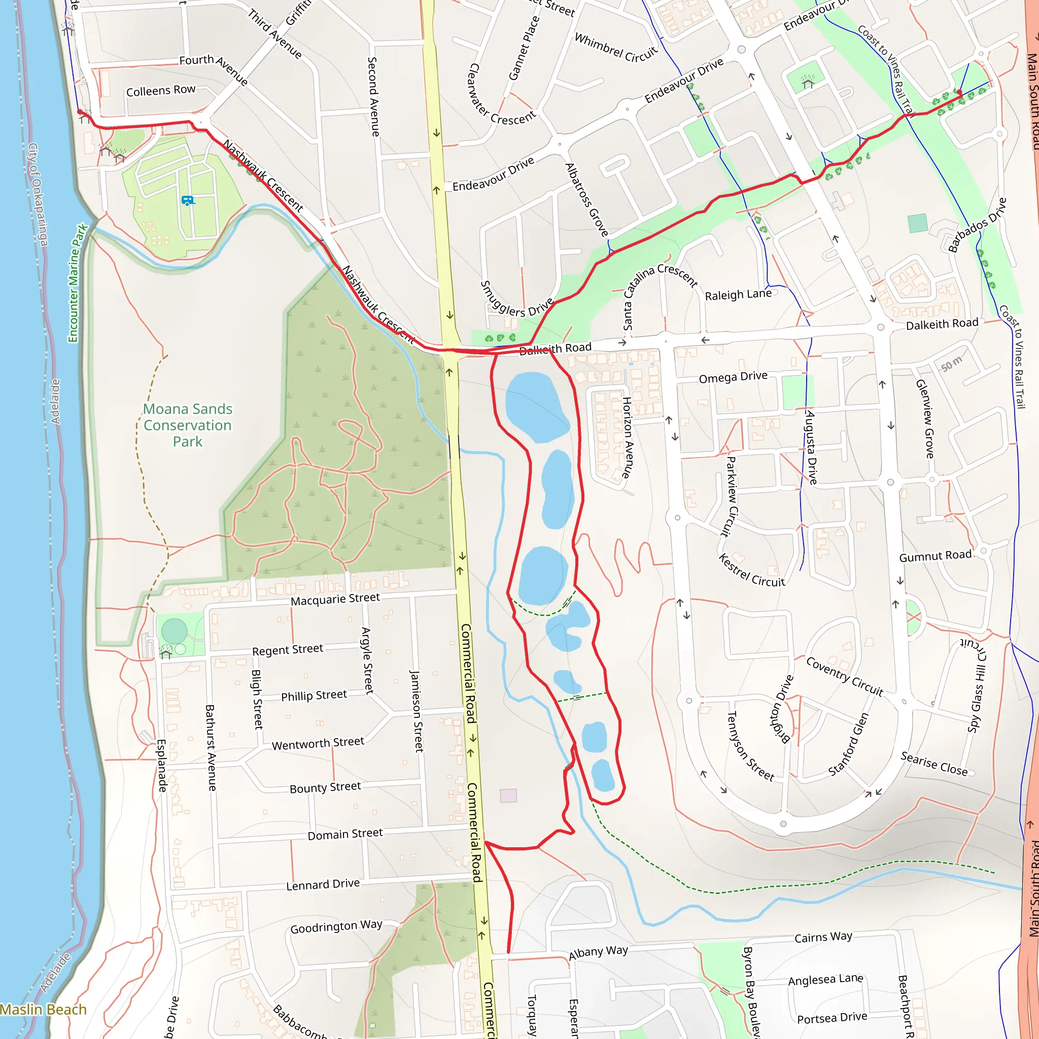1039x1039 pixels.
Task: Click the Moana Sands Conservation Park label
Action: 188,425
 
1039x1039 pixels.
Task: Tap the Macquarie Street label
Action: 335,599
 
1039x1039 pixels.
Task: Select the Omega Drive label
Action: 733,377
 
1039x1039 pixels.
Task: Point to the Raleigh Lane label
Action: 738,295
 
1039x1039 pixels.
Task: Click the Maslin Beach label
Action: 43,1010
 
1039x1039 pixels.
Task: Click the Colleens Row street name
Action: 161,91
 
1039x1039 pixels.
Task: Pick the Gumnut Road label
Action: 935,556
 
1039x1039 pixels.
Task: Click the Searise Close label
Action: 934,764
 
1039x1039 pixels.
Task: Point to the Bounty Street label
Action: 325,788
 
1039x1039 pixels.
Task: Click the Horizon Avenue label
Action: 627,437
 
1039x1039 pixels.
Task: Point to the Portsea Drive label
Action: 832,1018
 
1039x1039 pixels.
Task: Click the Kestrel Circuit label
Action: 752,571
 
